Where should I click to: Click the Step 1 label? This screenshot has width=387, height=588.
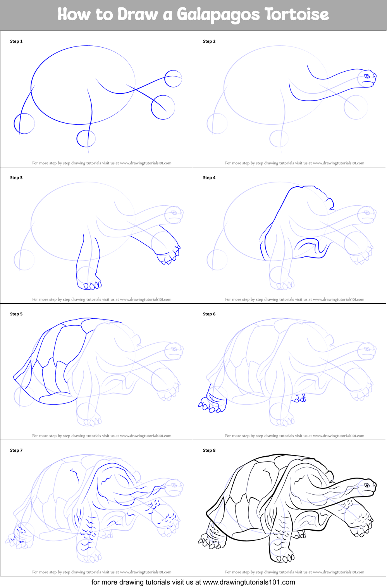16,41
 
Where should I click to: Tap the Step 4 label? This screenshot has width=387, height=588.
209,178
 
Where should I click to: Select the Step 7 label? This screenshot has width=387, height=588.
16,450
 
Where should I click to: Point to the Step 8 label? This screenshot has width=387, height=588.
209,450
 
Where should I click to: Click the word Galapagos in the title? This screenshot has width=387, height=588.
218,15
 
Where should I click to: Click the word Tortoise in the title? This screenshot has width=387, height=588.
297,15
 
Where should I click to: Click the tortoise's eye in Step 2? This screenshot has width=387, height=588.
366,77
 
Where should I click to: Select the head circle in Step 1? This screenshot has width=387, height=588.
173,79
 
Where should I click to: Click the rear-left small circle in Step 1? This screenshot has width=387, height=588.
24,123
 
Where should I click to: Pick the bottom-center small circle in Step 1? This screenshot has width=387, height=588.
86,138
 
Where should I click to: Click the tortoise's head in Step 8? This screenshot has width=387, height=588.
366,487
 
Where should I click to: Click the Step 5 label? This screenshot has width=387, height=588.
16,314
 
